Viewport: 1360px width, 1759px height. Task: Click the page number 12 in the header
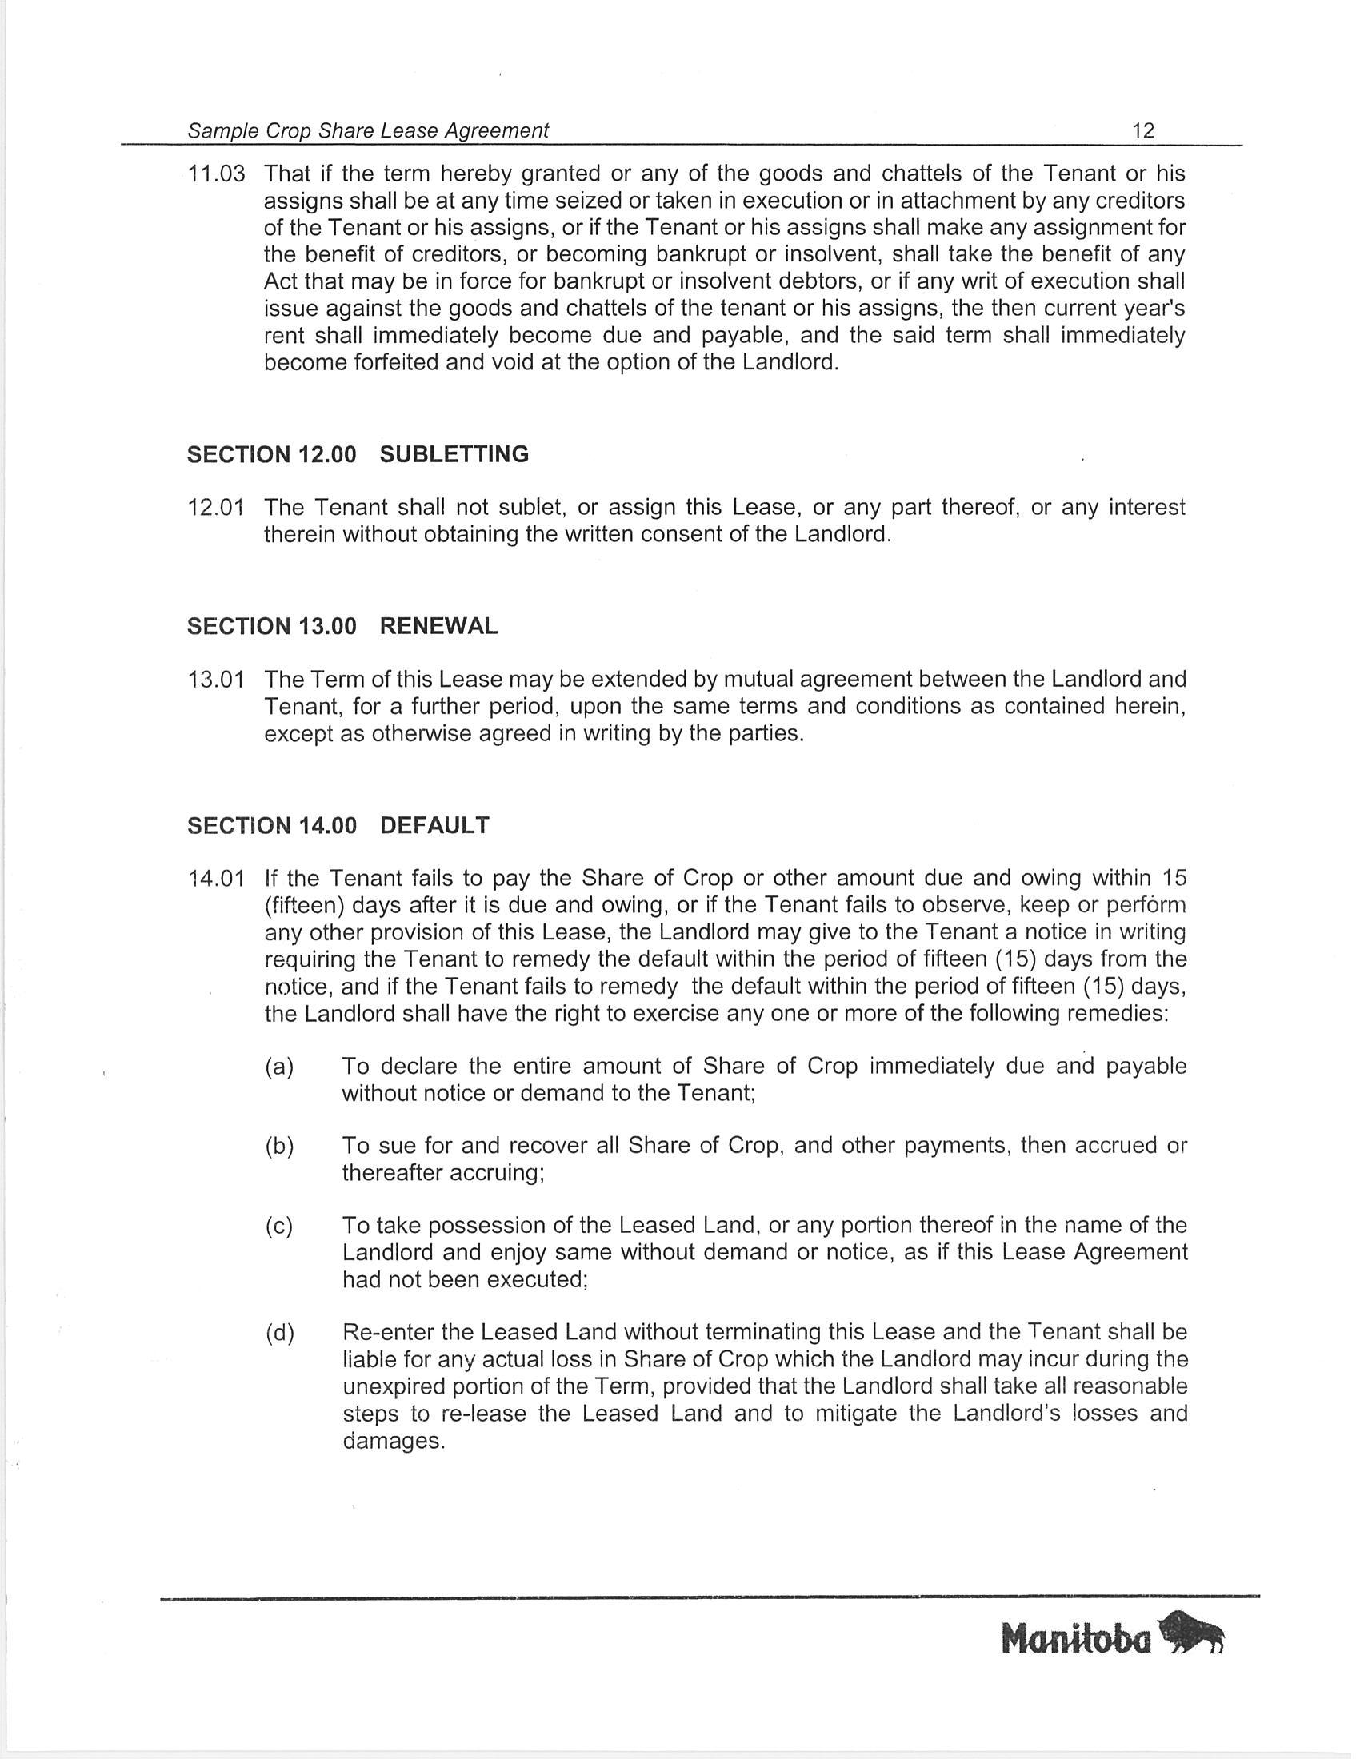pos(1142,130)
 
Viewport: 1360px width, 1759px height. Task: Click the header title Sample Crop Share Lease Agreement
pos(368,130)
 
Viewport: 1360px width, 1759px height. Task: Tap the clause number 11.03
pos(216,174)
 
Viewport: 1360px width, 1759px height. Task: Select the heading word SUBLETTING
pos(454,454)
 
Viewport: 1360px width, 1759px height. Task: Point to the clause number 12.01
pos(216,508)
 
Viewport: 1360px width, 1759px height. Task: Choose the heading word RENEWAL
pos(438,627)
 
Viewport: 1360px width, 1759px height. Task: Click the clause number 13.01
pos(216,680)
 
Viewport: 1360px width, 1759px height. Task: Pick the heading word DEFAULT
pos(434,826)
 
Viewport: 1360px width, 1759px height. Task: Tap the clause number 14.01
pos(216,878)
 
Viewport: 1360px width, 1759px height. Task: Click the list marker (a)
pos(279,1067)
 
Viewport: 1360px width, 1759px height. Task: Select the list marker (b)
pos(279,1145)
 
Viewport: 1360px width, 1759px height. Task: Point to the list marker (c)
pos(279,1225)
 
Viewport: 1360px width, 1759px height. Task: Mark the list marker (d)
pos(279,1333)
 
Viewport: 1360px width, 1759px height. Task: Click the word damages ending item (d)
pos(393,1441)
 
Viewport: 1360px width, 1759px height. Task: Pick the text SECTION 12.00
pos(271,454)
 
